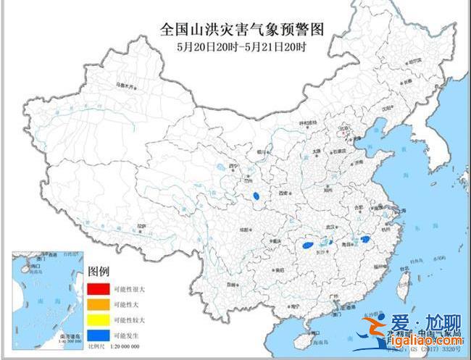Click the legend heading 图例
99,272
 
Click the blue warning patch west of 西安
256,195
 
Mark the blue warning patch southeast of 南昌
365,239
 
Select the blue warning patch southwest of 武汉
308,246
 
